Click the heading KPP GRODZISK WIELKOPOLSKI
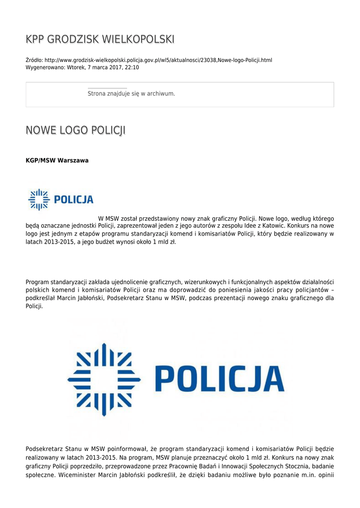point(100,39)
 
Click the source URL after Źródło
point(158,60)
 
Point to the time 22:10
point(132,67)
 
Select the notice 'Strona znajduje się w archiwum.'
point(131,93)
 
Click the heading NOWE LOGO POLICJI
point(75,130)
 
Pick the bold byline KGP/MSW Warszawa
point(57,160)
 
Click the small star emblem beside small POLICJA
point(38,199)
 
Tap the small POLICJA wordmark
point(73,200)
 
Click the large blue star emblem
point(104,380)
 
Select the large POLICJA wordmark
point(220,380)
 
